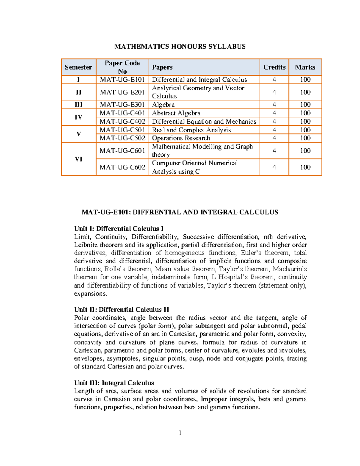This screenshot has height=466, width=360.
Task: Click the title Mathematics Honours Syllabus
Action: pyautogui.click(x=180, y=47)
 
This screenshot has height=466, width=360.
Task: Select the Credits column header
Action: pyautogui.click(x=274, y=67)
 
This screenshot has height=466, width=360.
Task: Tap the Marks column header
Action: pyautogui.click(x=305, y=67)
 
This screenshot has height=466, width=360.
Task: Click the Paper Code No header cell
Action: pyautogui.click(x=122, y=67)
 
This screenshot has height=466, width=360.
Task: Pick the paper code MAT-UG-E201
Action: pyautogui.click(x=122, y=92)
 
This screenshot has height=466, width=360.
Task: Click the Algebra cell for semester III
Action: pyautogui.click(x=163, y=105)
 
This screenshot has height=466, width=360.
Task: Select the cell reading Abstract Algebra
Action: pyautogui.click(x=176, y=113)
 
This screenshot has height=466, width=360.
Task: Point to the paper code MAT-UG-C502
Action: pyautogui.click(x=122, y=138)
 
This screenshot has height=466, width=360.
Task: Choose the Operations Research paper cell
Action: pyautogui.click(x=181, y=138)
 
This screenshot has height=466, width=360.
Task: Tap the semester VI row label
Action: pyautogui.click(x=79, y=159)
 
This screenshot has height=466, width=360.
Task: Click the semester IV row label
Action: pyautogui.click(x=79, y=117)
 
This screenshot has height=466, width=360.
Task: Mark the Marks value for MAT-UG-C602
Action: pyautogui.click(x=305, y=167)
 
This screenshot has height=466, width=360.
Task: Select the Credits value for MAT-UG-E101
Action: pyautogui.click(x=274, y=80)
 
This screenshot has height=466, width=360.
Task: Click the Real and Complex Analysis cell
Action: pyautogui.click(x=191, y=130)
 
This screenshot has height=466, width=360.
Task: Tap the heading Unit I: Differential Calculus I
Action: pyautogui.click(x=119, y=229)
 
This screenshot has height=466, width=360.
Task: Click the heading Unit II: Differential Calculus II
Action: pyautogui.click(x=121, y=310)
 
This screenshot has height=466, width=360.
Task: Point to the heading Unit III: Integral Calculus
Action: pyautogui.click(x=114, y=383)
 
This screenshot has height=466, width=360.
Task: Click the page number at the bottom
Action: pyautogui.click(x=180, y=433)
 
